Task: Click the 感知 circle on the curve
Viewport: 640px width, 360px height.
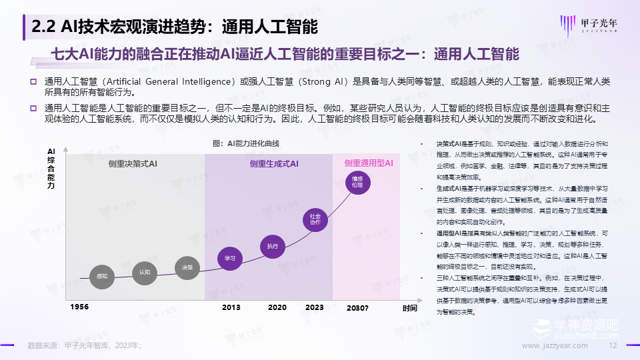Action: [x=102, y=275]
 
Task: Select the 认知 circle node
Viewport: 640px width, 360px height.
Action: [x=145, y=272]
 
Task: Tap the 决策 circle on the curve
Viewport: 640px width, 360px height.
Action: [x=187, y=267]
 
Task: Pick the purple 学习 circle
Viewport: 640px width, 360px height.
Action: [x=230, y=257]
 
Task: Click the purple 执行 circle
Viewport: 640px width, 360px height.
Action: [x=272, y=246]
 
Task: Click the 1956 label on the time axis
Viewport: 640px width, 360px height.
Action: [x=79, y=307]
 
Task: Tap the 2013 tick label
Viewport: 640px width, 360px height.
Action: [x=231, y=307]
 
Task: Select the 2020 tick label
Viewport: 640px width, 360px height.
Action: [x=277, y=307]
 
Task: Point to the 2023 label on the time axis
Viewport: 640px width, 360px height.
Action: [x=314, y=307]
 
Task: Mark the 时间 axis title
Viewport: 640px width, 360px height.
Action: [x=409, y=308]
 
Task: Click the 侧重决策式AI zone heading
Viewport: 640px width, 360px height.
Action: [x=133, y=163]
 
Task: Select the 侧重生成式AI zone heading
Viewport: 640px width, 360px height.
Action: [x=274, y=163]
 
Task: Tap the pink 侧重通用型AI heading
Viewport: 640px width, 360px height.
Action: [x=369, y=163]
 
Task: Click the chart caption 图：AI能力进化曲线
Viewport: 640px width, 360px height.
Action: [x=246, y=143]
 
